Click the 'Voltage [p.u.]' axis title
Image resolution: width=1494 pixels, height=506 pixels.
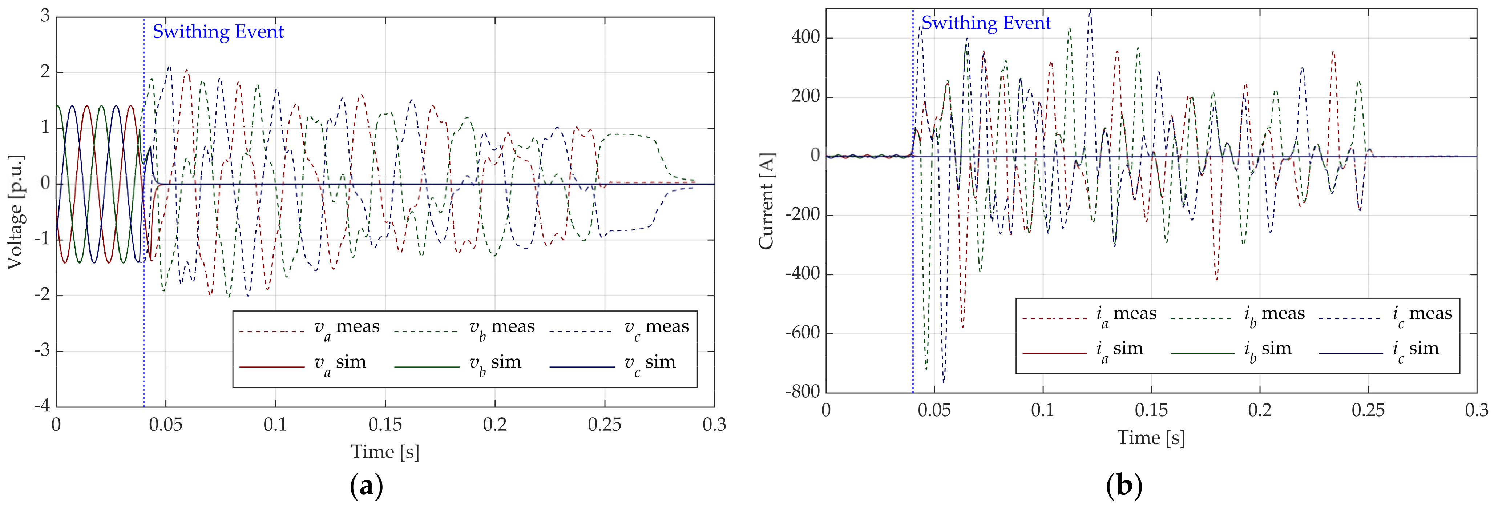[16, 212]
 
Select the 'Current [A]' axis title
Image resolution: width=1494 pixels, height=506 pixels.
[767, 201]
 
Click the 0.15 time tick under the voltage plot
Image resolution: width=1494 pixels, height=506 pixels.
[385, 425]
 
